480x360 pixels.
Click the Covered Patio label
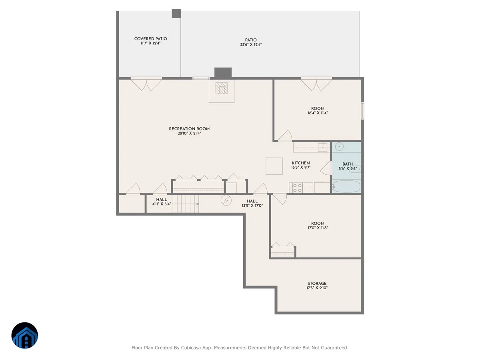click(x=150, y=39)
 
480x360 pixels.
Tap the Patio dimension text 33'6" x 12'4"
click(x=251, y=44)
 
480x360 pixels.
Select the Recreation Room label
click(x=189, y=129)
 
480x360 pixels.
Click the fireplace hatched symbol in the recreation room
click(x=222, y=88)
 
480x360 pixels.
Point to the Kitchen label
click(x=301, y=163)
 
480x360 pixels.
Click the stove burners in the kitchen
click(x=298, y=188)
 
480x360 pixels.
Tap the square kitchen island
click(x=274, y=166)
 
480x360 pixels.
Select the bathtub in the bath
click(x=346, y=186)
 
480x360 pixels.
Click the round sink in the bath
click(x=339, y=146)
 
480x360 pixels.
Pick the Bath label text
click(x=348, y=164)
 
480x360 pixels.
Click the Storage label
click(x=317, y=283)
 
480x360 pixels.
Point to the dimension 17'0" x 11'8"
click(x=318, y=228)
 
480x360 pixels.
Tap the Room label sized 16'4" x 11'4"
click(x=318, y=108)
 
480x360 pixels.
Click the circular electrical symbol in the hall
click(x=226, y=200)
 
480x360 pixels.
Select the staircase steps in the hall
click(x=186, y=204)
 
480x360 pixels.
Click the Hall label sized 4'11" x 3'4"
click(x=161, y=200)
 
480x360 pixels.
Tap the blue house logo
click(x=25, y=335)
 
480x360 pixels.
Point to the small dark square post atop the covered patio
click(x=176, y=14)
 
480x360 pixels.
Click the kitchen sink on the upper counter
click(x=322, y=147)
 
